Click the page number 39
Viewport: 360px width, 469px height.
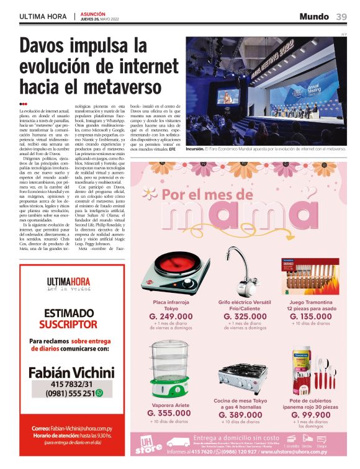click(341, 17)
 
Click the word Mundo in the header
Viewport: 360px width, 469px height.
click(313, 17)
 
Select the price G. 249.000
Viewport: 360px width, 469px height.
click(171, 316)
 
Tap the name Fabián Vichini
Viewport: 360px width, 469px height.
click(71, 373)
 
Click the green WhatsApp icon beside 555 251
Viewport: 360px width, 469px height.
click(99, 393)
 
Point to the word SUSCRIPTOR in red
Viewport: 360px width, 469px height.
click(68, 324)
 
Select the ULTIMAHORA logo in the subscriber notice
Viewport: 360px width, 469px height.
click(69, 283)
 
